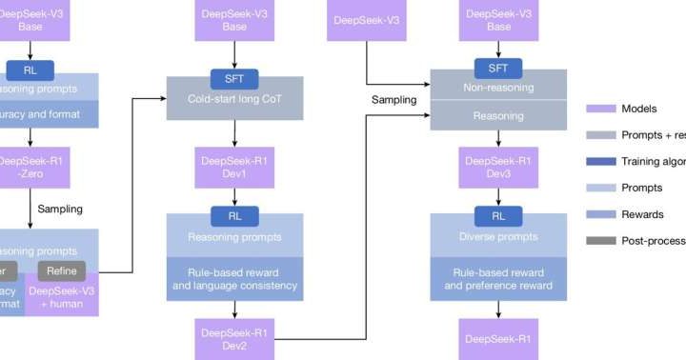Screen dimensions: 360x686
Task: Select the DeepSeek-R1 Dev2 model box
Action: tap(234, 338)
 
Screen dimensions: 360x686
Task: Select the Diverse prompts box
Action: tap(498, 235)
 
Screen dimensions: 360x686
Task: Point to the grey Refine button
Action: tap(61, 270)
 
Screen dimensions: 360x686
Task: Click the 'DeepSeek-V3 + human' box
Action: tap(61, 298)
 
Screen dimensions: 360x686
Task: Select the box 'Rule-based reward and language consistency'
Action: tap(234, 277)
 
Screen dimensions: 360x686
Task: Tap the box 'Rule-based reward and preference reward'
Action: tap(498, 277)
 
